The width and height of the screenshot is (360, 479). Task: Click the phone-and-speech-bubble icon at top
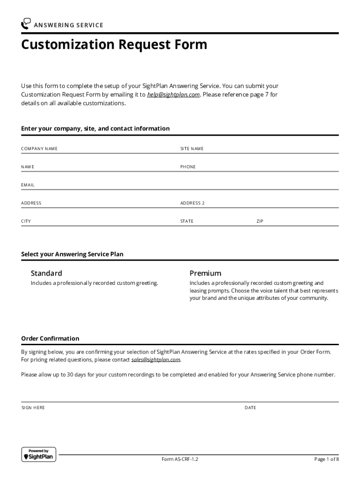click(26, 24)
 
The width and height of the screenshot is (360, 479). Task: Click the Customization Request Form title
click(114, 45)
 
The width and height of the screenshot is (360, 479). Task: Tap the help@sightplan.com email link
click(173, 94)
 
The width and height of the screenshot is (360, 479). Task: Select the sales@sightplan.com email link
click(156, 360)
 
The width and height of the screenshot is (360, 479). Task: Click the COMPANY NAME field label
click(39, 149)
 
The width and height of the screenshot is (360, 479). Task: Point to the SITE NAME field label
click(192, 149)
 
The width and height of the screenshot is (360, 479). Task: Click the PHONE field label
click(188, 167)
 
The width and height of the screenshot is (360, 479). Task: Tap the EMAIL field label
click(28, 185)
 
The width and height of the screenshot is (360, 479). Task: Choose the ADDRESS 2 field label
click(193, 203)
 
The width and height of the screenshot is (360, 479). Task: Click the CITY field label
click(26, 221)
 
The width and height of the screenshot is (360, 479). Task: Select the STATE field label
click(187, 221)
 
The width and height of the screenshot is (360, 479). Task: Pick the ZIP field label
click(260, 221)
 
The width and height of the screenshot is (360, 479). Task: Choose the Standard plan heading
click(46, 273)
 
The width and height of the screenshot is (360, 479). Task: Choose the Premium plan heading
click(205, 273)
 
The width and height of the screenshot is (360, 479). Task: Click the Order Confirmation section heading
click(50, 339)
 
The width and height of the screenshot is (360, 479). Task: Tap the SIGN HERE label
click(33, 408)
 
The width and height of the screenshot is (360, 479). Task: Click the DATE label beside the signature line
click(250, 408)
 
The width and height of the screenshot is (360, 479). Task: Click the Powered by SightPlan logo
click(39, 455)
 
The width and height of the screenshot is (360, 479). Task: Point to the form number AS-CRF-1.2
click(180, 459)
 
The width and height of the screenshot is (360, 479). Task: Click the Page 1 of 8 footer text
click(326, 459)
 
